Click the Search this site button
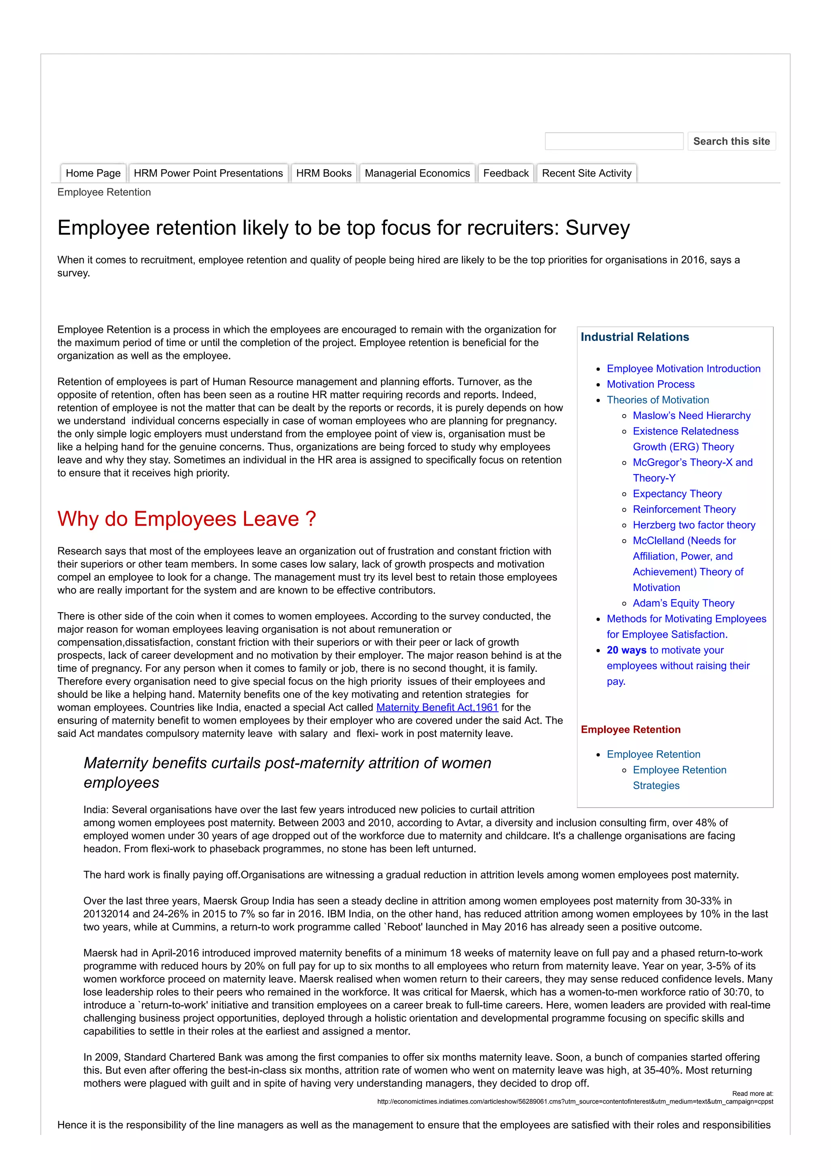(x=731, y=141)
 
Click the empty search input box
(x=614, y=141)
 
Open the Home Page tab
(x=93, y=173)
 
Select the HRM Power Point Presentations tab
(x=208, y=173)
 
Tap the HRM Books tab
(x=323, y=173)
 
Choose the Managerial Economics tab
(x=417, y=173)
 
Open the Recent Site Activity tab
(x=586, y=173)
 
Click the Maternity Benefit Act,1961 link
(x=437, y=707)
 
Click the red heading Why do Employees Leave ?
(x=187, y=519)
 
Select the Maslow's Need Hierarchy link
(x=691, y=415)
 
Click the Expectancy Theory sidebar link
(x=677, y=494)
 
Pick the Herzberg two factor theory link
(x=694, y=525)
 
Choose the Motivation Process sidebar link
(x=650, y=384)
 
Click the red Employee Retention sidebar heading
(x=630, y=729)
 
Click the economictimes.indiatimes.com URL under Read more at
(x=575, y=1102)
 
